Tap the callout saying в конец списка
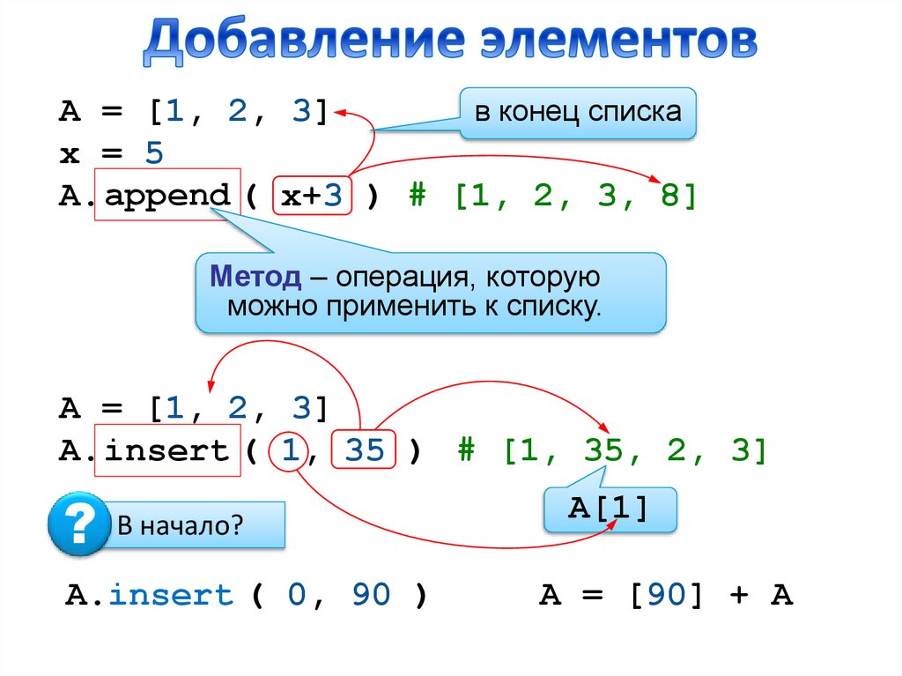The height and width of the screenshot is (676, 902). click(x=577, y=113)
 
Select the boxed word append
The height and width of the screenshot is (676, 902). click(x=167, y=196)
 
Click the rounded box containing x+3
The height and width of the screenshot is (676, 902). click(x=312, y=197)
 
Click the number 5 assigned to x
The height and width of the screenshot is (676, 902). click(x=154, y=154)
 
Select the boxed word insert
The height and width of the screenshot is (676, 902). click(x=167, y=451)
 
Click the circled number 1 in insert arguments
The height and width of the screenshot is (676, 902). click(x=287, y=451)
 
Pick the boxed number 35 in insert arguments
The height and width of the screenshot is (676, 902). click(x=365, y=451)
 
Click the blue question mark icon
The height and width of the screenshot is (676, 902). click(x=78, y=525)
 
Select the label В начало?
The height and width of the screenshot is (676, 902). click(x=181, y=526)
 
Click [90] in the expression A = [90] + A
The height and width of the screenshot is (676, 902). click(x=667, y=596)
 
